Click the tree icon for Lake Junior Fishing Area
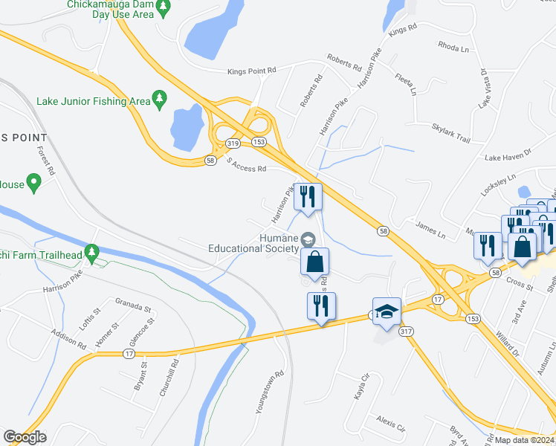[158, 100]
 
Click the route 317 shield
[406, 332]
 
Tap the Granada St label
[133, 306]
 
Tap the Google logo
[25, 437]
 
